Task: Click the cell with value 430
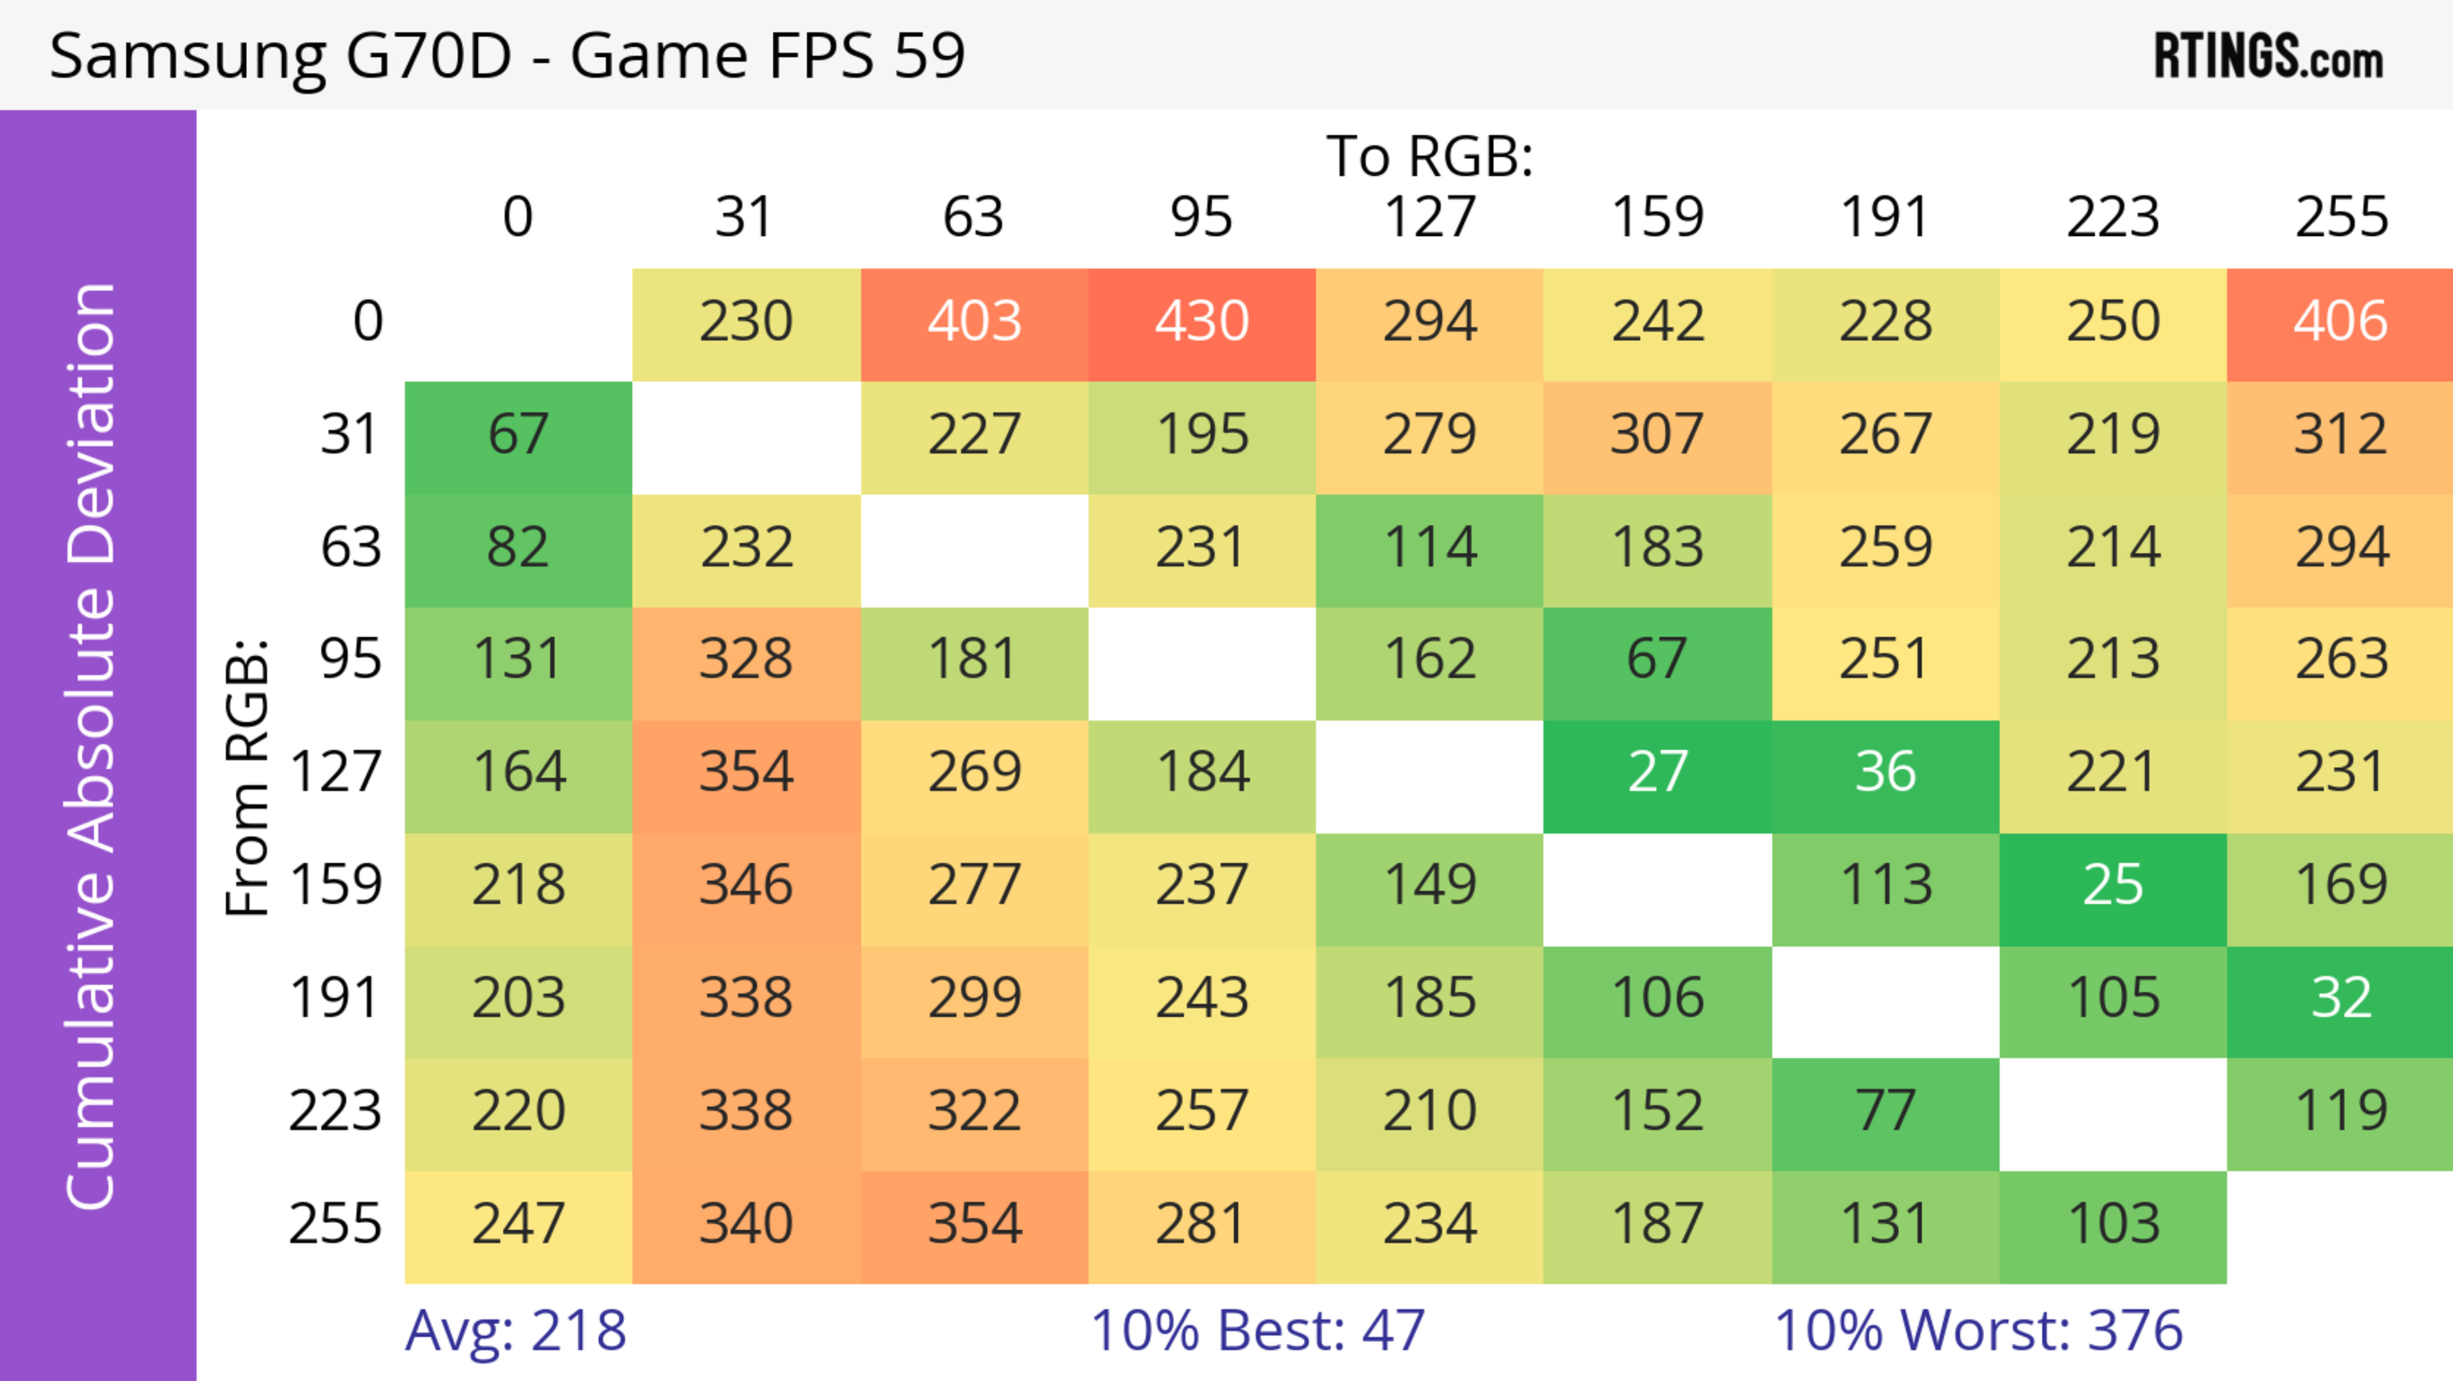1202,322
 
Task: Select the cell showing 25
2113,886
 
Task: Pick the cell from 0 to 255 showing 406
2340,322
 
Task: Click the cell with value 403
974,322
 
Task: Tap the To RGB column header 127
1430,217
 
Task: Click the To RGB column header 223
2113,217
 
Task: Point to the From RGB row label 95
351,659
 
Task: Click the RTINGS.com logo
2268,56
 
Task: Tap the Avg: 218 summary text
515,1331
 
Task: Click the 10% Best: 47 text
1257,1331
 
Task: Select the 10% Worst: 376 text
1978,1331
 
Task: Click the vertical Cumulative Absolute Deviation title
93,746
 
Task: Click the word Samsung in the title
187,56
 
